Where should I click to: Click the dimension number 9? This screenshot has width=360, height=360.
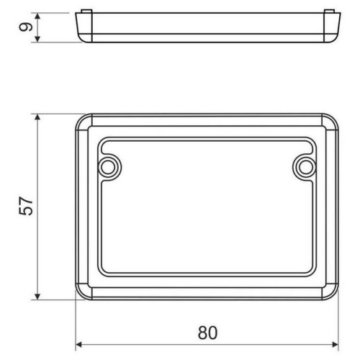pyautogui.click(x=26, y=27)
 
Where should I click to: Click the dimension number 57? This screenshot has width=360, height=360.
pyautogui.click(x=26, y=206)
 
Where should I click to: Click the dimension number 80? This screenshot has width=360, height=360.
pyautogui.click(x=207, y=333)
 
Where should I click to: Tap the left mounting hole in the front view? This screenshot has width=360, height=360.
pyautogui.click(x=108, y=167)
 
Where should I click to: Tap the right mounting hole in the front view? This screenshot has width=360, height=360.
pyautogui.click(x=305, y=167)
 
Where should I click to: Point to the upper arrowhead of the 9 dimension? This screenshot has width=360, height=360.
pyautogui.click(x=37, y=17)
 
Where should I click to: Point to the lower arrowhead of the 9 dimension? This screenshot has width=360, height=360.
pyautogui.click(x=37, y=39)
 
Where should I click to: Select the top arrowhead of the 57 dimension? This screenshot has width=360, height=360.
pyautogui.click(x=37, y=117)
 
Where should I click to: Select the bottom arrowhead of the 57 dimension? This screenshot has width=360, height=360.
pyautogui.click(x=37, y=296)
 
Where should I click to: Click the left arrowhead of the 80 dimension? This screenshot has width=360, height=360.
pyautogui.click(x=79, y=345)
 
